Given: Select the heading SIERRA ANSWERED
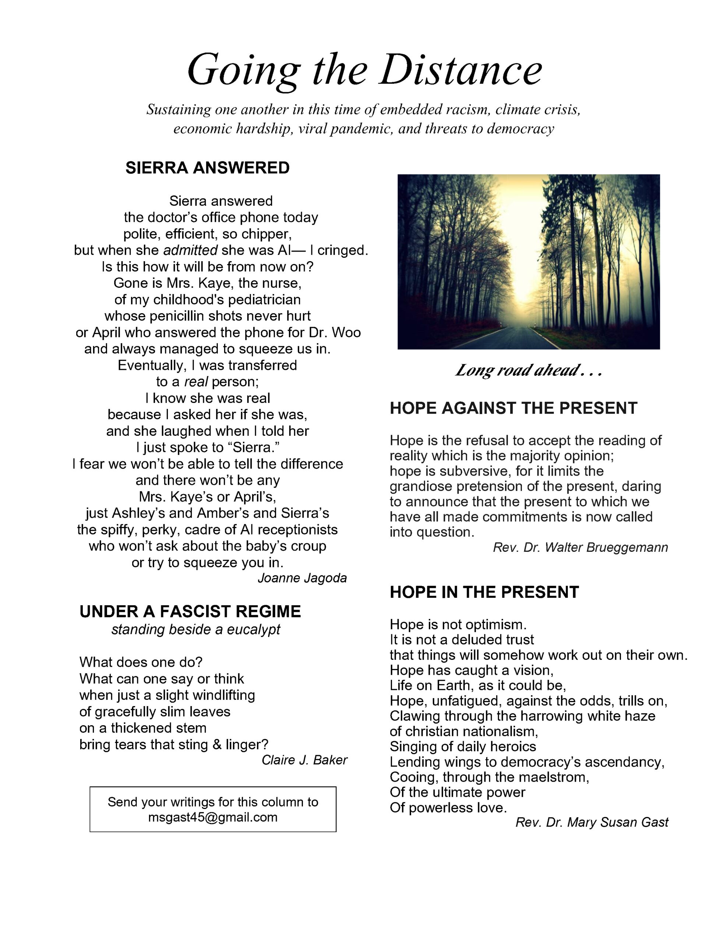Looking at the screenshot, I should click(x=207, y=168).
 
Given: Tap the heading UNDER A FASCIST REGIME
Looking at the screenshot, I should click(x=190, y=611).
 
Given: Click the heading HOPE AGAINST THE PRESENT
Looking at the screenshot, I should click(x=513, y=408).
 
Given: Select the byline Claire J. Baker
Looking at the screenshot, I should click(x=304, y=760).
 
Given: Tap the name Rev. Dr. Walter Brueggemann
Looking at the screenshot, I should click(x=580, y=547).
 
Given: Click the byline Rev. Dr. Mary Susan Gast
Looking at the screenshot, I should click(x=591, y=822).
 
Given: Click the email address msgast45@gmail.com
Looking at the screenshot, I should click(x=213, y=817).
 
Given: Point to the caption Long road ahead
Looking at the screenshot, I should click(x=527, y=371).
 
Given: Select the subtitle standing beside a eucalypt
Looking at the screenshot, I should click(x=195, y=630).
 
